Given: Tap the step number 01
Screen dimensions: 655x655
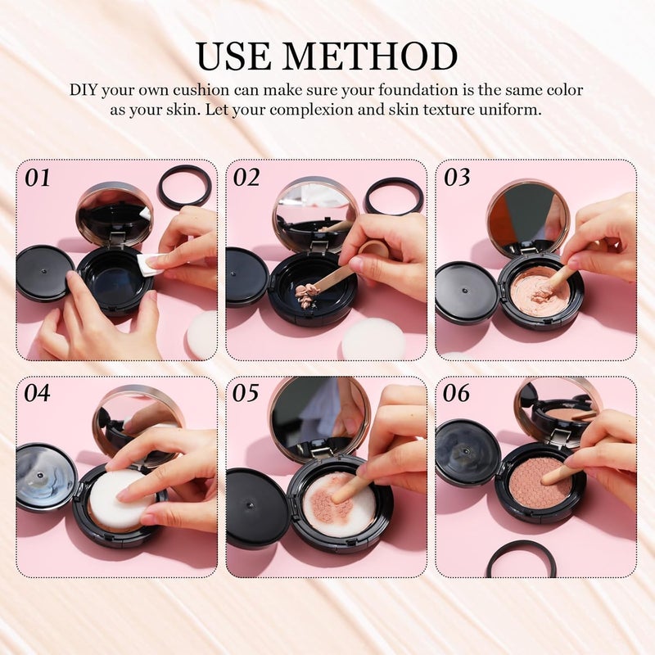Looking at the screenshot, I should tap(38, 177).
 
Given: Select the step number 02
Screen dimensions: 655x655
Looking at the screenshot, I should tap(247, 177).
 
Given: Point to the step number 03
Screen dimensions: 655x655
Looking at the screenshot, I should tap(457, 177).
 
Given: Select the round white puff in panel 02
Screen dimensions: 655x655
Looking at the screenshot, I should tap(373, 338).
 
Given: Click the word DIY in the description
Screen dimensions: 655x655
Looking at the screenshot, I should tap(87, 90).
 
